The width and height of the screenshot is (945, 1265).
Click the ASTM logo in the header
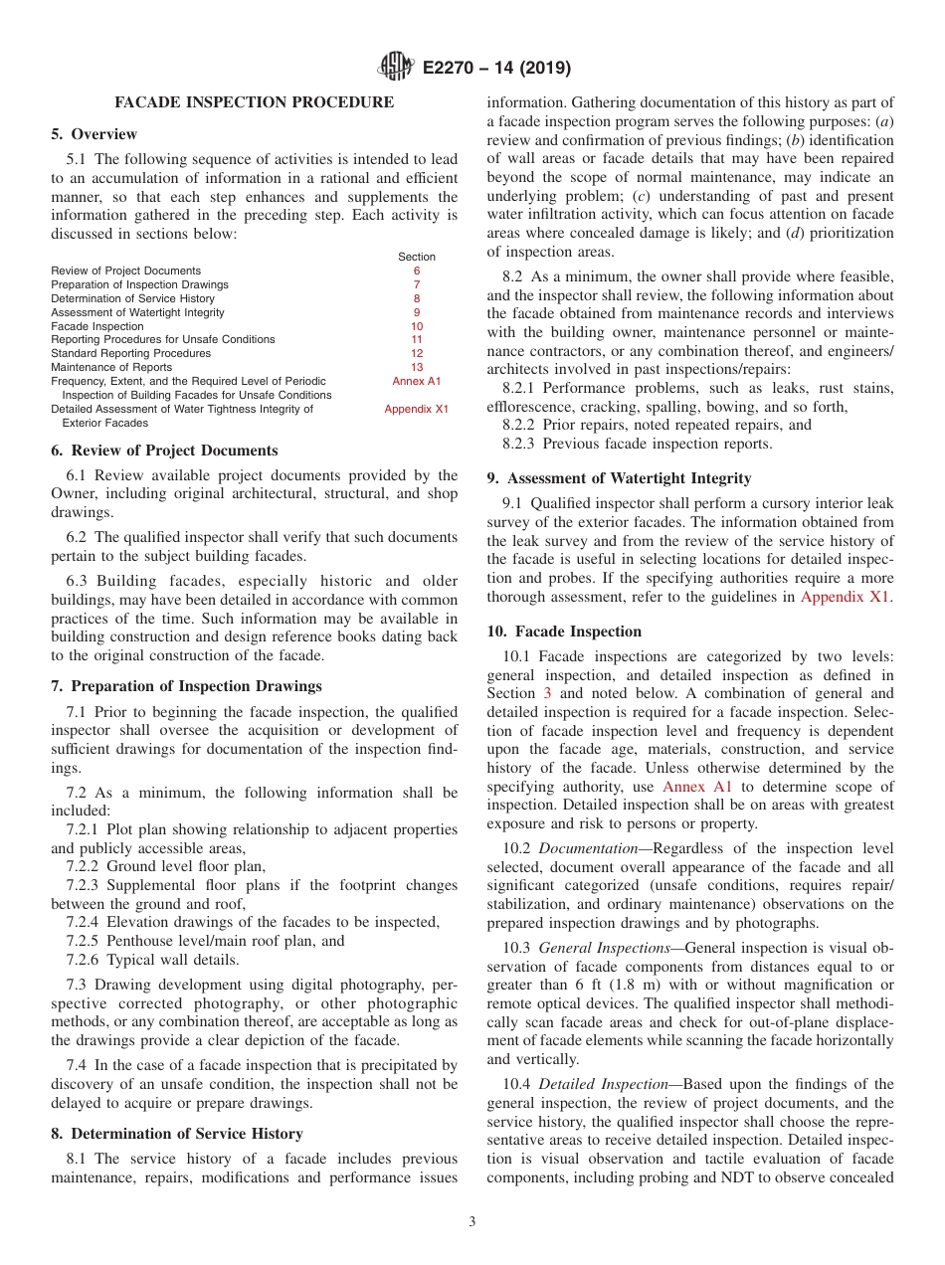pyautogui.click(x=397, y=69)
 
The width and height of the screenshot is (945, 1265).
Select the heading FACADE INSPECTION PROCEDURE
pyautogui.click(x=254, y=102)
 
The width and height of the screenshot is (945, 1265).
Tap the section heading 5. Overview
pyautogui.click(x=94, y=134)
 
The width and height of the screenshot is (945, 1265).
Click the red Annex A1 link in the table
pyautogui.click(x=416, y=381)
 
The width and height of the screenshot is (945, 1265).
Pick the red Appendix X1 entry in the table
pyautogui.click(x=416, y=409)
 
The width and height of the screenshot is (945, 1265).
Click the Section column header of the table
pyautogui.click(x=416, y=257)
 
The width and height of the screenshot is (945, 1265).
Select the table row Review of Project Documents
pyautogui.click(x=125, y=271)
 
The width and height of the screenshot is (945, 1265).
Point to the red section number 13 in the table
pyautogui.click(x=416, y=367)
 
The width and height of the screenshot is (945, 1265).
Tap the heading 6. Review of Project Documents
pyautogui.click(x=164, y=451)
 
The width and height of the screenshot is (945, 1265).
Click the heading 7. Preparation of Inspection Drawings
pyautogui.click(x=186, y=686)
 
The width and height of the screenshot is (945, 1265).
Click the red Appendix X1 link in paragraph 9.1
pyautogui.click(x=846, y=598)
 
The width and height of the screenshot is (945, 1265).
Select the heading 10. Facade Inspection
pyautogui.click(x=564, y=632)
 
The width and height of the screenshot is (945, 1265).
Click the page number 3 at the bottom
pyautogui.click(x=472, y=1222)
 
